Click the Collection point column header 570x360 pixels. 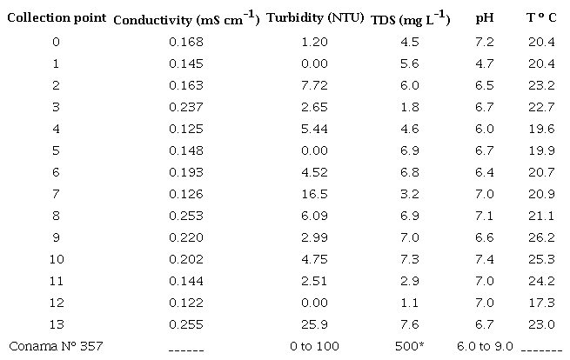click(x=57, y=18)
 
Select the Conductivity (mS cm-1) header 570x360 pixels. click(x=186, y=18)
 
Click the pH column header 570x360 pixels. click(x=486, y=18)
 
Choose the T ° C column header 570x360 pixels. click(x=541, y=18)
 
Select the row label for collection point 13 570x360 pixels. click(x=57, y=324)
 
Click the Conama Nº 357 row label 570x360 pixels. click(x=57, y=346)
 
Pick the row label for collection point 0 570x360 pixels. click(x=57, y=42)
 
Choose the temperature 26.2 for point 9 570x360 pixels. click(x=541, y=237)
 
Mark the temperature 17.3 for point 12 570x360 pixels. click(x=541, y=303)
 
